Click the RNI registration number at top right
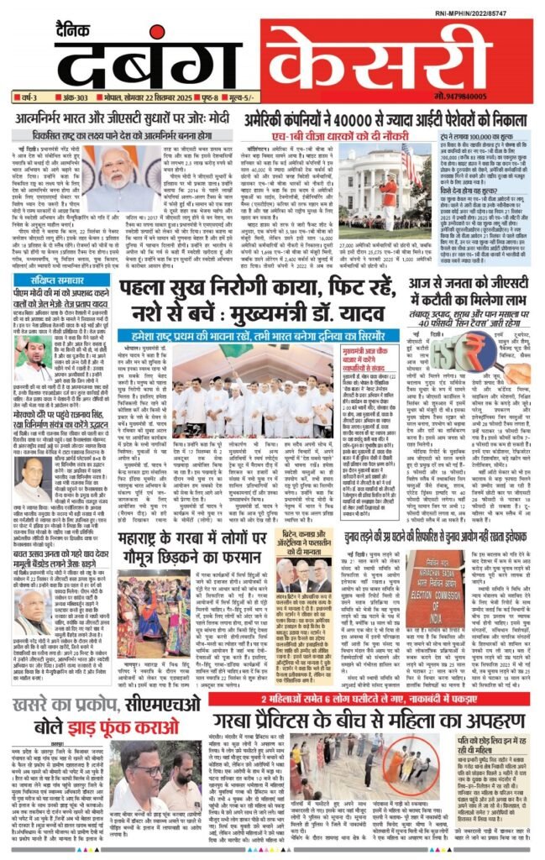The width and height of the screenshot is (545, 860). [495, 13]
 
